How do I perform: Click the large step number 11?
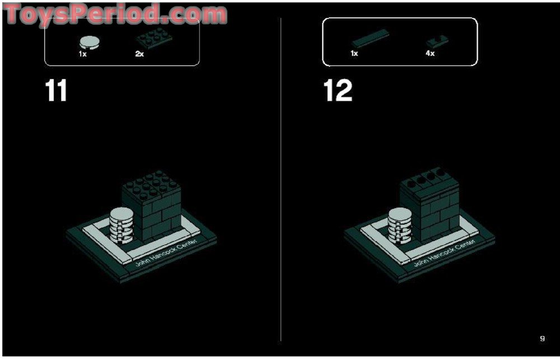coord(56,91)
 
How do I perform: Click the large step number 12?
coord(338,91)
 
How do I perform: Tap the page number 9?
coord(542,338)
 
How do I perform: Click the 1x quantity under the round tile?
coord(82,54)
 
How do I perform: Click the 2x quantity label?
coord(139,54)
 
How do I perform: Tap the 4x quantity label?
coord(430,54)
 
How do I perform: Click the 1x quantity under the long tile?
coord(354,54)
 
